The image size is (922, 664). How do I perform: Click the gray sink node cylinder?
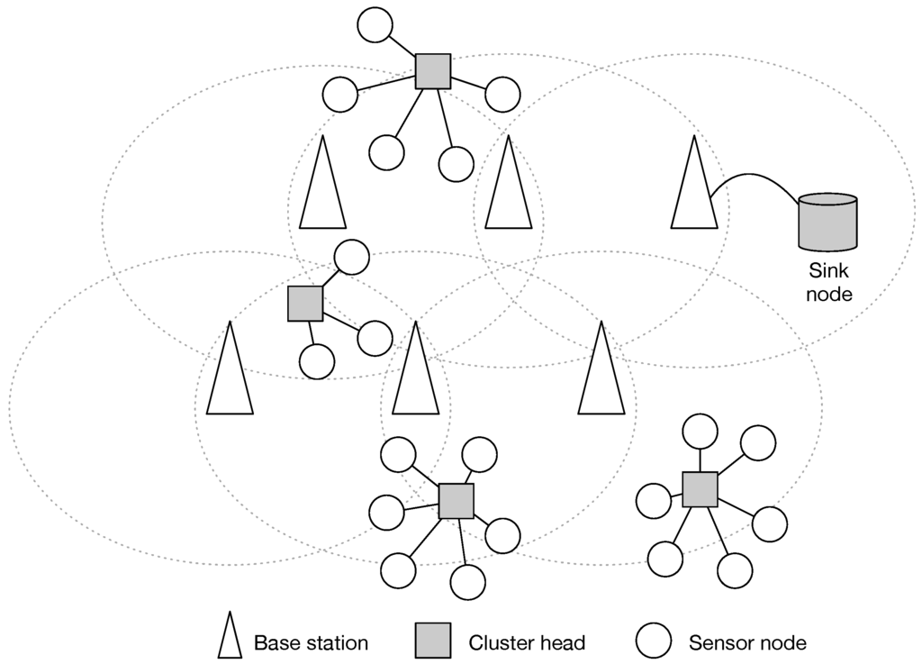click(x=827, y=222)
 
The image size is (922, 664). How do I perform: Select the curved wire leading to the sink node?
click(x=756, y=177)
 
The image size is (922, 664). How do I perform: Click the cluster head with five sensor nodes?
click(x=432, y=70)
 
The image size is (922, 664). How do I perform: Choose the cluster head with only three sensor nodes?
click(x=305, y=304)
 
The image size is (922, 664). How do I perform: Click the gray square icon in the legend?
click(x=432, y=641)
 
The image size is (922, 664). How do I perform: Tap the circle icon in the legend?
click(x=654, y=641)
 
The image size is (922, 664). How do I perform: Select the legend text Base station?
click(x=311, y=643)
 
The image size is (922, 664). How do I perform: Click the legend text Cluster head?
click(x=527, y=643)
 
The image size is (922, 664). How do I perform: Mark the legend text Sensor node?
click(x=747, y=643)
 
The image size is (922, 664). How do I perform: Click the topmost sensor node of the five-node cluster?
click(x=375, y=24)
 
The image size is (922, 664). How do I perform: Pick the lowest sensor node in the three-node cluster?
click(x=316, y=361)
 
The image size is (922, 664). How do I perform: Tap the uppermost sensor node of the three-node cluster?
click(x=351, y=258)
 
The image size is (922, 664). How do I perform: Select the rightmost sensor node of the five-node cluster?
click(x=502, y=93)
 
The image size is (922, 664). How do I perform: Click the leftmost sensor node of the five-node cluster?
click(x=340, y=94)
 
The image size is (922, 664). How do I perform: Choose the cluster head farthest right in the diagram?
click(x=699, y=489)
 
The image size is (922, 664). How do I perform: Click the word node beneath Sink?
click(x=827, y=294)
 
